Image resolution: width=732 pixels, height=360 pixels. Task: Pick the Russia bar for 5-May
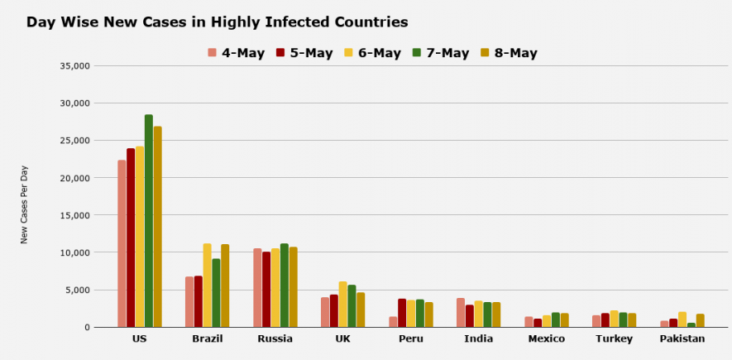266,290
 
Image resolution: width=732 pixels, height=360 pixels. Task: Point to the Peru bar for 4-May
394,322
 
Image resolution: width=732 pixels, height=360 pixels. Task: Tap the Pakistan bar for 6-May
682,319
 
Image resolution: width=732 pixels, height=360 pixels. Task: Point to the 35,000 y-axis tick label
74,66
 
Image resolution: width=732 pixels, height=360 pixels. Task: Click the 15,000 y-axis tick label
74,215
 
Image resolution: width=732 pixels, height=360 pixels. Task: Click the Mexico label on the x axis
547,339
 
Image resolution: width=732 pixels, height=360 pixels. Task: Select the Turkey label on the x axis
615,339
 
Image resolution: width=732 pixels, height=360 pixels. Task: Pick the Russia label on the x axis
275,339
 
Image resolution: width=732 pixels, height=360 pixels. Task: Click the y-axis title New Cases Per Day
25,204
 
